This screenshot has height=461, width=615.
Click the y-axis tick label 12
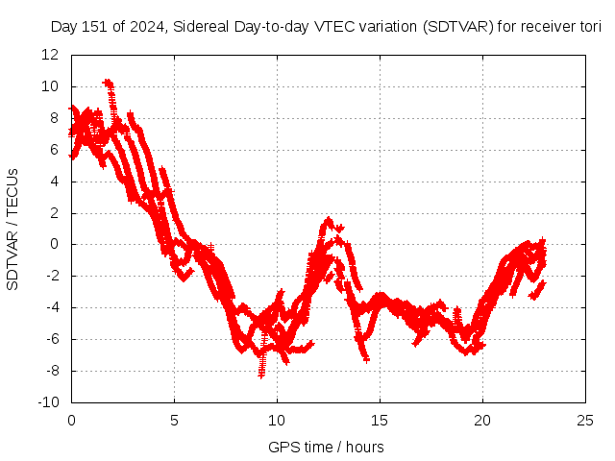[x=51, y=55]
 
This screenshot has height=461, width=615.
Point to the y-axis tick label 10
[x=51, y=86]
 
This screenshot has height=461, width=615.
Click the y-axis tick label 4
[x=55, y=181]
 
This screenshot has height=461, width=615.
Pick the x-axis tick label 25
[x=585, y=420]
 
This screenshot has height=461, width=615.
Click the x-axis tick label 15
[x=380, y=420]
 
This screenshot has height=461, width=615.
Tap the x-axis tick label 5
[x=174, y=420]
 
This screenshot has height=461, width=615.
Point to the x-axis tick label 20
[x=482, y=420]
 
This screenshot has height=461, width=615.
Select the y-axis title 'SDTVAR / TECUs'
[x=13, y=230]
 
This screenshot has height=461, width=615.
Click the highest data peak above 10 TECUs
[x=108, y=83]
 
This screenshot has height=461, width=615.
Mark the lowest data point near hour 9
[x=260, y=375]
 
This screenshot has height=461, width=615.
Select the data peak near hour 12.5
[x=329, y=220]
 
